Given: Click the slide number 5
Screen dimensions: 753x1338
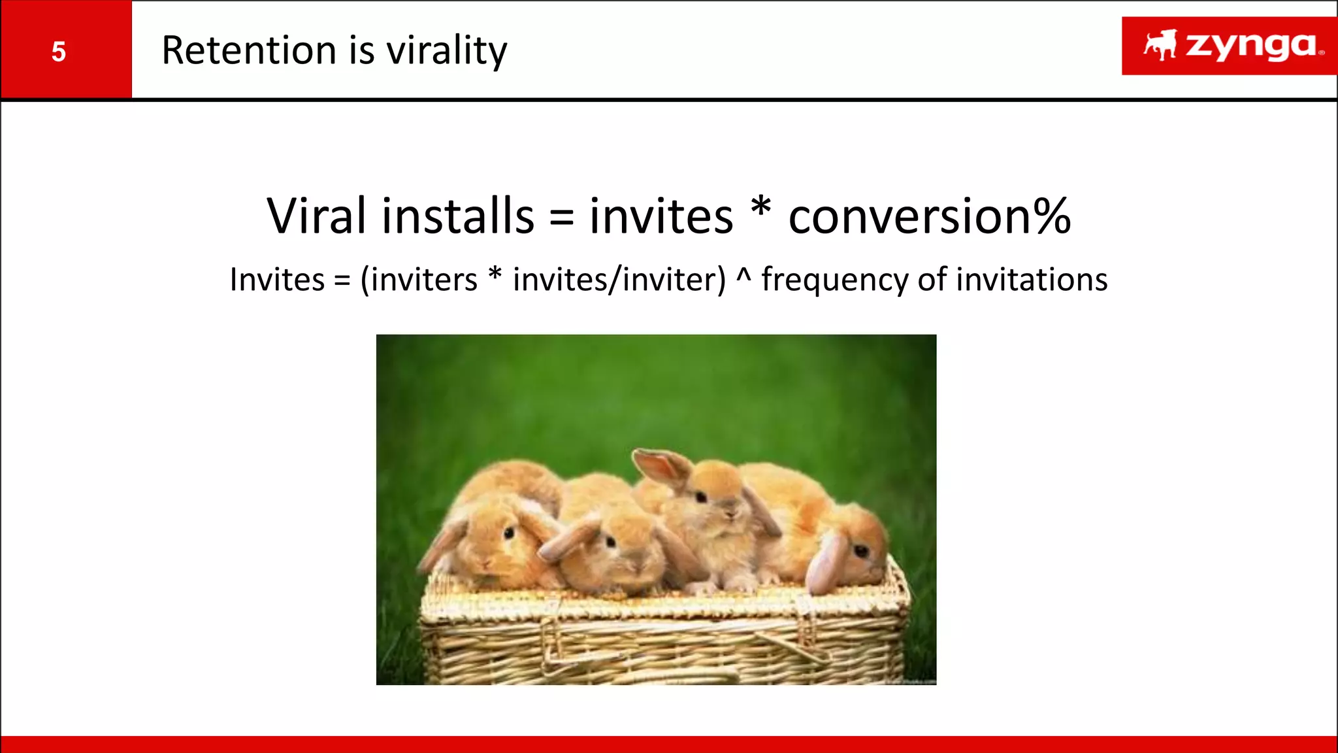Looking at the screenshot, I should point(59,52).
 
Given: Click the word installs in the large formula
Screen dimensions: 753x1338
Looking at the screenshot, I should point(458,216).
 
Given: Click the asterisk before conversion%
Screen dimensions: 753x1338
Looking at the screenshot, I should point(760,209).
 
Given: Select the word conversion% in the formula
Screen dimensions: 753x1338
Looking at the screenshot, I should point(930,216).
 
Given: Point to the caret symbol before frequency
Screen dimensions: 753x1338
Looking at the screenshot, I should point(743,275).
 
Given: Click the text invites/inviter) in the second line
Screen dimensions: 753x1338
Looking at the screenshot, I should point(619,280).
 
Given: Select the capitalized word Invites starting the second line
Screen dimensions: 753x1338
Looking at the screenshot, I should point(277,280).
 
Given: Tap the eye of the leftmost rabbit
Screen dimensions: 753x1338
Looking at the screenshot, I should point(508,533).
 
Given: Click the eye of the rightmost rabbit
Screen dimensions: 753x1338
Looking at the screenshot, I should point(861,551).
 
